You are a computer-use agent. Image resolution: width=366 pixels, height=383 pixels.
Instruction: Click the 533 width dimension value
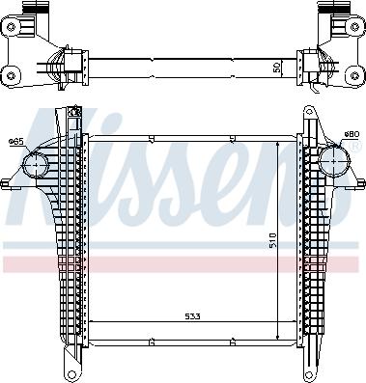(192, 316)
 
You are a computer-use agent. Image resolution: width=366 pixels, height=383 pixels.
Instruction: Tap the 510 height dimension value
(272, 240)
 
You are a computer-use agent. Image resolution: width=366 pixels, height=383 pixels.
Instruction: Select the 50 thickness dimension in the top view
(277, 68)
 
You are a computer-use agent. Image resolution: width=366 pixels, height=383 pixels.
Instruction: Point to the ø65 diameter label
(16, 141)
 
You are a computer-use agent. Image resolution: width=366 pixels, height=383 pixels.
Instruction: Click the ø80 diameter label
(352, 134)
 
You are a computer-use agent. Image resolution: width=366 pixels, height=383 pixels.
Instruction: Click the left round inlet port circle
(36, 165)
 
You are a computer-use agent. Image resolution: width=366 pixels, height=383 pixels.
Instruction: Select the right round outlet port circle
(334, 160)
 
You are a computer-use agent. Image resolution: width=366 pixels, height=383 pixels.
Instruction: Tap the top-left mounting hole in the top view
(12, 27)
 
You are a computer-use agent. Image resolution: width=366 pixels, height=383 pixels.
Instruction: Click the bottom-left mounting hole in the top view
(12, 76)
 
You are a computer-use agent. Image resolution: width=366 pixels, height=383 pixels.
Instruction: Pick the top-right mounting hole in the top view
(354, 27)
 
